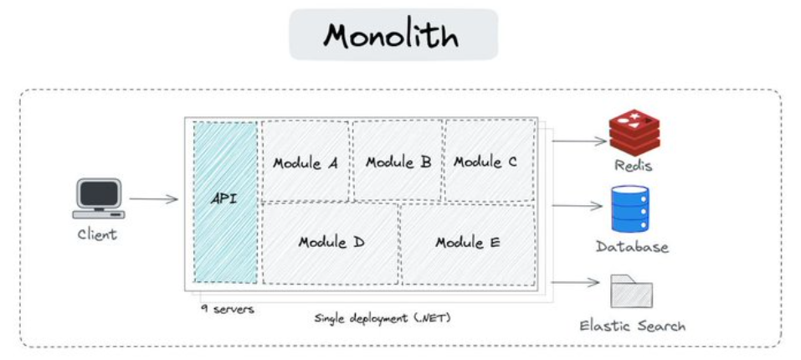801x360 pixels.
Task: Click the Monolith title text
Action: (x=393, y=35)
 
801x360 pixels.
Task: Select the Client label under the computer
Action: (x=97, y=234)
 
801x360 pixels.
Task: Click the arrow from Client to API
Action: (x=153, y=199)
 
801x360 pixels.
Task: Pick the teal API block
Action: (x=225, y=202)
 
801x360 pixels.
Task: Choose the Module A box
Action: (x=306, y=162)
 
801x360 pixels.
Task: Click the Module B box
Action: (x=398, y=162)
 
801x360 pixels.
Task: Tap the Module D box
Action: (x=331, y=243)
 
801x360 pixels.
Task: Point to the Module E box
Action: (x=468, y=243)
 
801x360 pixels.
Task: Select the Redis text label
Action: (x=633, y=166)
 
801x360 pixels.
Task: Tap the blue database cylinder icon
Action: (x=630, y=208)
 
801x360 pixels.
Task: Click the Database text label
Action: (x=632, y=247)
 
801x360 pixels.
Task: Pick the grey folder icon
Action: (x=631, y=292)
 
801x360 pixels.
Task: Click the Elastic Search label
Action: (x=632, y=325)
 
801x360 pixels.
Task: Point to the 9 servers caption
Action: (x=227, y=308)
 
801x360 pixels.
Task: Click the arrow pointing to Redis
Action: (x=578, y=141)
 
